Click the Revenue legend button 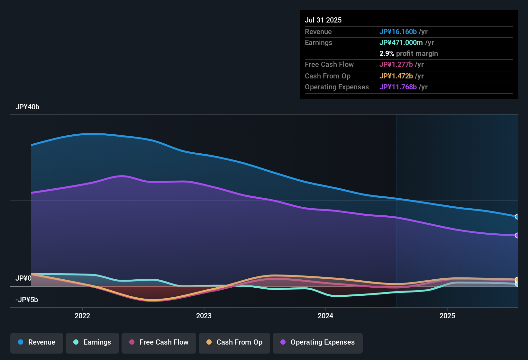tap(37, 342)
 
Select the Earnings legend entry tap(92, 342)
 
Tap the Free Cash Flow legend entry tap(159, 342)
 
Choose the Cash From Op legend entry tap(234, 342)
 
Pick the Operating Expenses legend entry tap(318, 342)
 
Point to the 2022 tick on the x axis tap(82, 316)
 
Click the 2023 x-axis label tap(204, 316)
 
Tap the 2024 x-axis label tap(325, 316)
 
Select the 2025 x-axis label tap(447, 316)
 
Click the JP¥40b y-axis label tap(27, 107)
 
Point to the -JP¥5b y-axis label tap(27, 300)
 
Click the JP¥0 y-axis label tap(23, 278)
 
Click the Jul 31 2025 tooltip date tap(323, 20)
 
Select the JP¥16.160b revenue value tap(398, 32)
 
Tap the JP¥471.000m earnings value tap(401, 42)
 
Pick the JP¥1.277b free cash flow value tap(396, 64)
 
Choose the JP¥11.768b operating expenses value tap(398, 87)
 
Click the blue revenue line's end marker tap(517, 217)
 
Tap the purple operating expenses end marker tap(517, 236)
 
